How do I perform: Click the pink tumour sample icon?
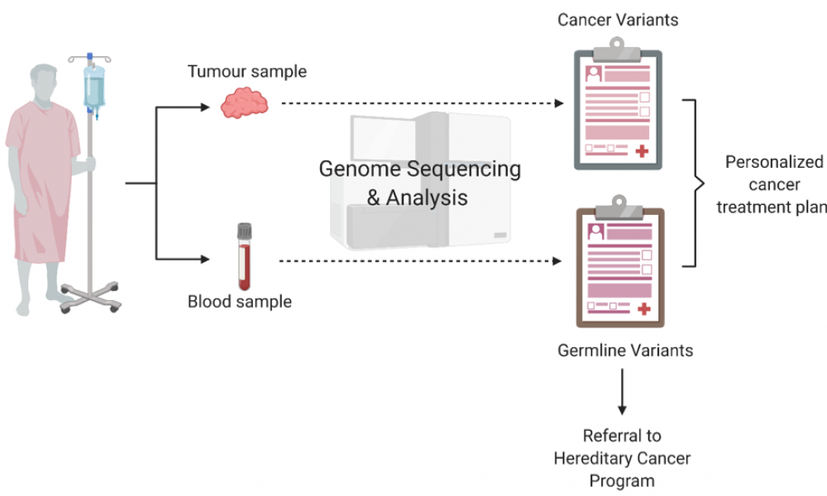click(x=244, y=103)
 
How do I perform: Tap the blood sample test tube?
click(x=244, y=257)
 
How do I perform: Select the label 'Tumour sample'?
click(x=246, y=71)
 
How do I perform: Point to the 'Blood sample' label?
click(x=240, y=302)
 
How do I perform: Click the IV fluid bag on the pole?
click(x=94, y=87)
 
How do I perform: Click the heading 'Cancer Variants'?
click(x=618, y=20)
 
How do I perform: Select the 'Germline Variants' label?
click(x=625, y=351)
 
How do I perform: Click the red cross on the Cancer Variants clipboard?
click(x=642, y=151)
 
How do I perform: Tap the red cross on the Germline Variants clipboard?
click(x=644, y=309)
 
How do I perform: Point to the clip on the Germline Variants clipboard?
click(x=619, y=208)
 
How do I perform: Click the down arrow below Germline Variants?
click(x=623, y=391)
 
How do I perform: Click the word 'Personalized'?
click(x=774, y=162)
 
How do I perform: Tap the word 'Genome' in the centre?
click(x=360, y=169)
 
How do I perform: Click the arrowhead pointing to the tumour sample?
click(x=205, y=107)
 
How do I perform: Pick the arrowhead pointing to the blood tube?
click(x=205, y=259)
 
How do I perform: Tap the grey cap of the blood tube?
click(x=244, y=231)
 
